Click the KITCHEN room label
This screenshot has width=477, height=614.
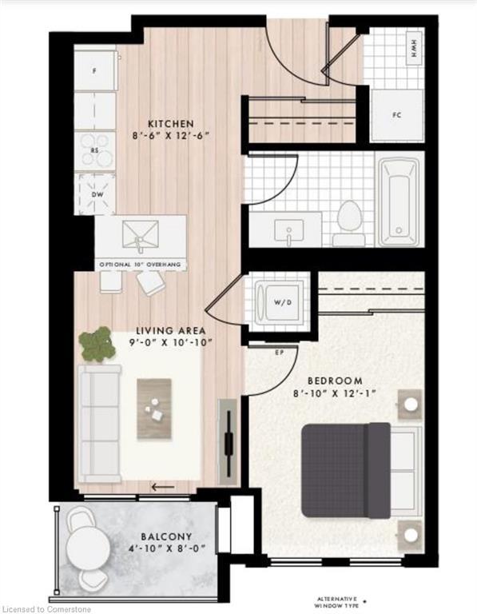[170, 123]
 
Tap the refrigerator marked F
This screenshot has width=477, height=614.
[95, 70]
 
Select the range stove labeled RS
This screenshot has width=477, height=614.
[95, 150]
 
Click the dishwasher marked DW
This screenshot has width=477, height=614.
[95, 193]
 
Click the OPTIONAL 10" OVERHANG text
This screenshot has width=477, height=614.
[140, 264]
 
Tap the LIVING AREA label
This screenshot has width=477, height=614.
[171, 330]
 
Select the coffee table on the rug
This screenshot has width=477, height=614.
[155, 408]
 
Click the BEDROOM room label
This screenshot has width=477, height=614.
[336, 381]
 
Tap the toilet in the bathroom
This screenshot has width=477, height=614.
[348, 222]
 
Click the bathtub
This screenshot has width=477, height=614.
[399, 201]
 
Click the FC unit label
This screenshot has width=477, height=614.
[396, 114]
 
